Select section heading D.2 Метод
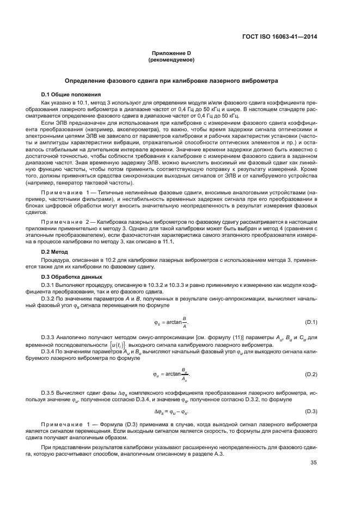point(55,252)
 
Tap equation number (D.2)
point(309,374)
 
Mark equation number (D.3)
point(309,410)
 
